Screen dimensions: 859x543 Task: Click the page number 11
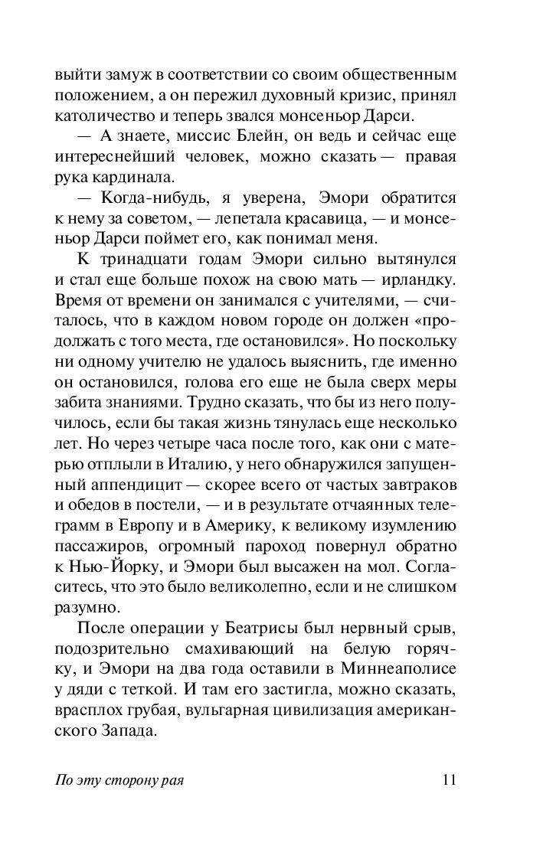coord(449,781)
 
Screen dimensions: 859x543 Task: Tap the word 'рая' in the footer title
coord(174,782)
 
